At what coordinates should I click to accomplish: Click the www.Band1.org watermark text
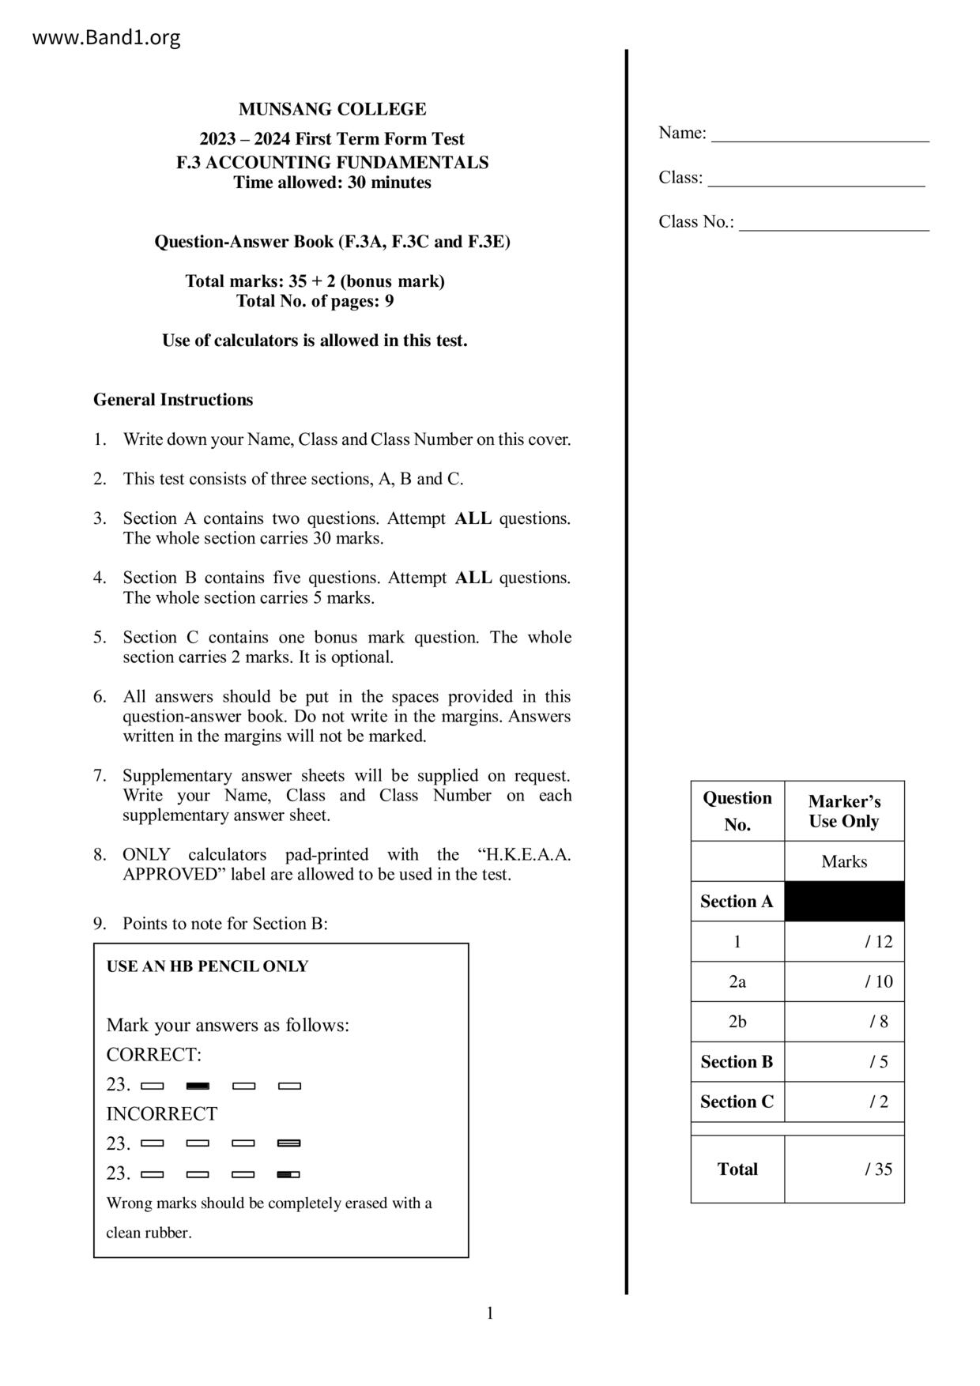[x=106, y=37]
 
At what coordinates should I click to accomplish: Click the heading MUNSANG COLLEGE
[x=332, y=109]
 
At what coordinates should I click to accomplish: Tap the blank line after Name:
[x=820, y=134]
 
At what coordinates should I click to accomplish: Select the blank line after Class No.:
[x=834, y=224]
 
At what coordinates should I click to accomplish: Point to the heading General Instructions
[x=173, y=400]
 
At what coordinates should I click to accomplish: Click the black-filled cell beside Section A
[x=844, y=902]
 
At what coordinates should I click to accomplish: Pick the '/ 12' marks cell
[x=844, y=942]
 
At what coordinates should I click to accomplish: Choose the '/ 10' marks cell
[x=844, y=982]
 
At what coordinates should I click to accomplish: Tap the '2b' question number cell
[x=737, y=1022]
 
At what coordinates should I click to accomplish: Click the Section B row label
[x=737, y=1062]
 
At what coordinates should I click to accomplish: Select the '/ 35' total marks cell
[x=844, y=1169]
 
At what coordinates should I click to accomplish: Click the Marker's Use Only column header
[x=844, y=812]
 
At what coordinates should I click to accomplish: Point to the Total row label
[x=737, y=1169]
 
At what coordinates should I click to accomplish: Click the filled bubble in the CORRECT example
[x=198, y=1086]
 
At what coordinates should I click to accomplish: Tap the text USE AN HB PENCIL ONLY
[x=207, y=966]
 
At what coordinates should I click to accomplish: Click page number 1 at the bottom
[x=490, y=1313]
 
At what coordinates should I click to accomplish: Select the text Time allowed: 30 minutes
[x=332, y=183]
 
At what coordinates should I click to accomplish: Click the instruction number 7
[x=100, y=776]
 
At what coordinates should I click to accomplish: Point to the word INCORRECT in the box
[x=162, y=1114]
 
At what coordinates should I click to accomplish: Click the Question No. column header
[x=737, y=812]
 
